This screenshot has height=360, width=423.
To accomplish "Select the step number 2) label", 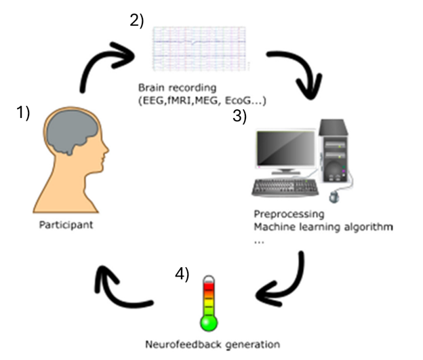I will click(137, 20).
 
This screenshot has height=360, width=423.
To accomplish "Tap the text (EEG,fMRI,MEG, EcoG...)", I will click(202, 101).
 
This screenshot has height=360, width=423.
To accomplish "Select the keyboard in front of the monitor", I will click(285, 186).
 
